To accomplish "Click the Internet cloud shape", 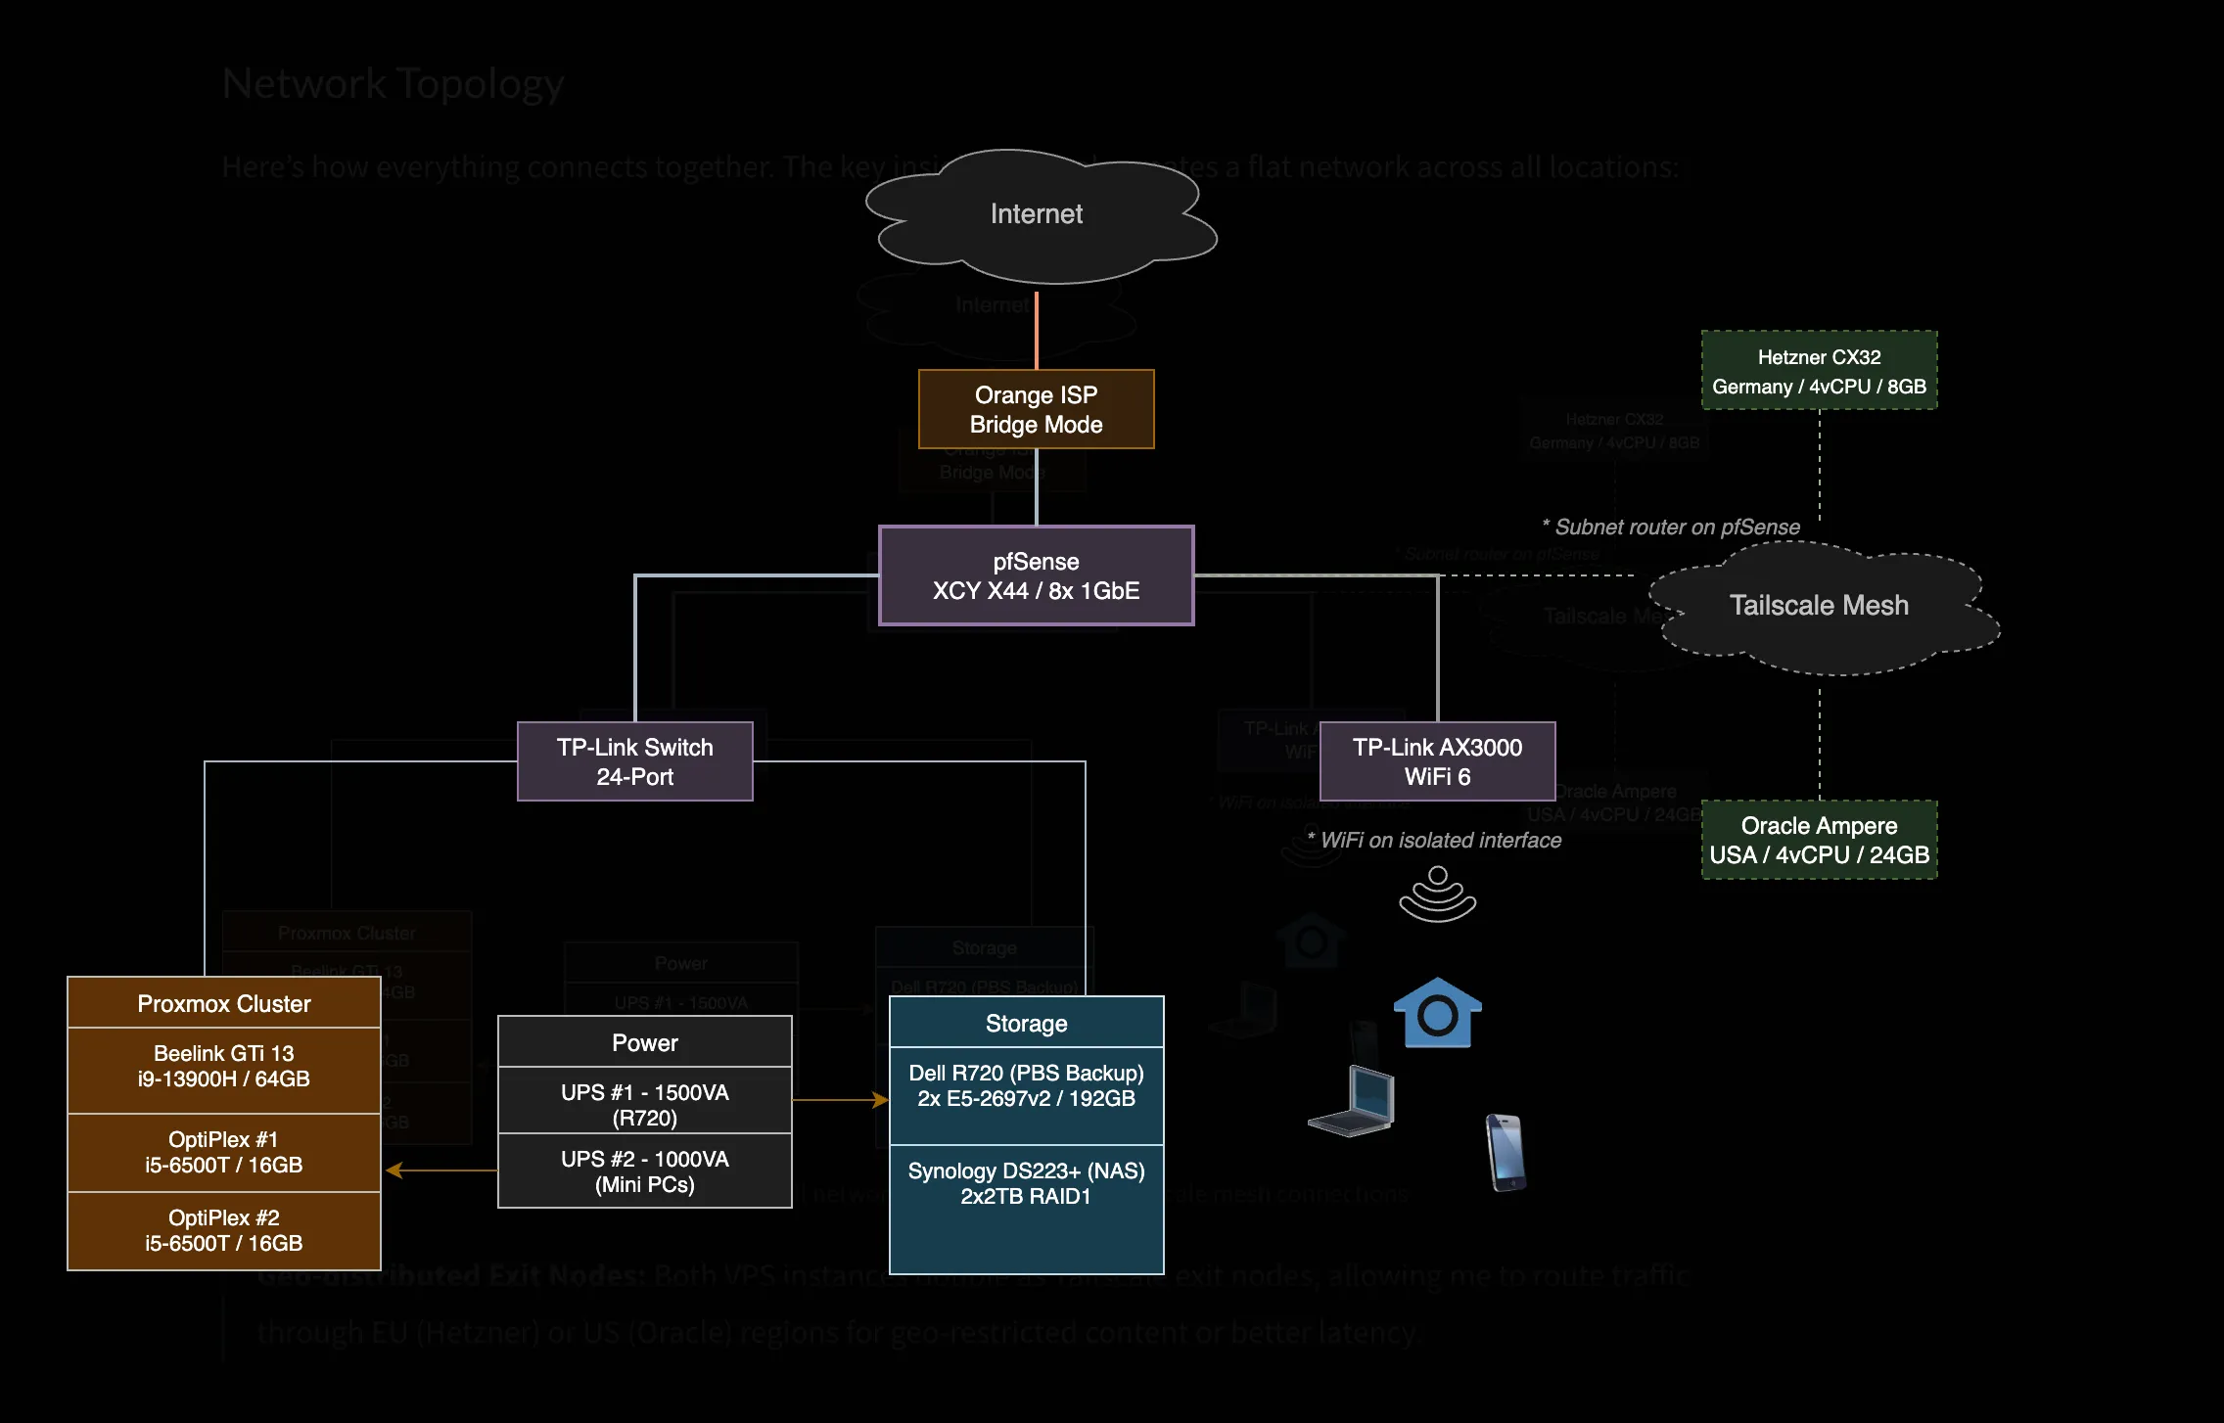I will (1037, 215).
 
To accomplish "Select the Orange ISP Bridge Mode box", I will (1036, 409).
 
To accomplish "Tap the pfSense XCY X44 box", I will (1036, 575).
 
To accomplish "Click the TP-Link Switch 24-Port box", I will (634, 761).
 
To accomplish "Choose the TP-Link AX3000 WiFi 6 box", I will (1437, 761).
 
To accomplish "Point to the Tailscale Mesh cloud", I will (1819, 607).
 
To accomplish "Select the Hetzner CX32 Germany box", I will (1819, 371).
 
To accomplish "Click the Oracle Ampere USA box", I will (1819, 840).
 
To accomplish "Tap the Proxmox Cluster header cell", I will (223, 1004).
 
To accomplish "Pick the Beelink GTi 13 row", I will (223, 1067).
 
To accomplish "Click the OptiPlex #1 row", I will (223, 1152).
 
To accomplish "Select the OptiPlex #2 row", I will (223, 1230).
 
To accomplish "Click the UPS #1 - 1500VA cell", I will (644, 1104).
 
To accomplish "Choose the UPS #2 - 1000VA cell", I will (644, 1171).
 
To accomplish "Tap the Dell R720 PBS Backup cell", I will (1026, 1086).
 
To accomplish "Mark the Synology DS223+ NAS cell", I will (1026, 1184).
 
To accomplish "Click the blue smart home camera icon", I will (1437, 1014).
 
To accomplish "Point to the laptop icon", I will (1355, 1102).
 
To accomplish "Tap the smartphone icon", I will (1506, 1153).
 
